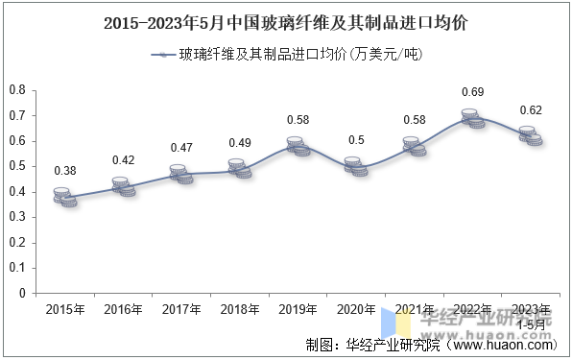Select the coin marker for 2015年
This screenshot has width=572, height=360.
coord(65,197)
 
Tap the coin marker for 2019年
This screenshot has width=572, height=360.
coord(298,147)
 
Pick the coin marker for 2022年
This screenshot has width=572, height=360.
coord(473,119)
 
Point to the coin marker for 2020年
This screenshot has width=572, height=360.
coord(356,167)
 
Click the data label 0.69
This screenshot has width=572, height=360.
coord(472,92)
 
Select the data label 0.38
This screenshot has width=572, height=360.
coord(65,171)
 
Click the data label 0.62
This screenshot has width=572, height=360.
coord(531,110)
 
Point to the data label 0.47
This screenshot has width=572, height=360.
coord(181,148)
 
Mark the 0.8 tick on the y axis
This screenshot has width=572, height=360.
coord(17,90)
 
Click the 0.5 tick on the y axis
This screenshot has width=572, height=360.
coord(17,166)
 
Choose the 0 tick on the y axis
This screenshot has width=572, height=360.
coord(22,293)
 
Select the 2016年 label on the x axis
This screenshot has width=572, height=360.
coord(123,310)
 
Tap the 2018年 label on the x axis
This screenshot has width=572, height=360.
coord(240,310)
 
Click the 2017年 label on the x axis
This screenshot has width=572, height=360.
coord(181,310)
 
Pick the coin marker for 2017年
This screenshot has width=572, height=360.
coord(181,174)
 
